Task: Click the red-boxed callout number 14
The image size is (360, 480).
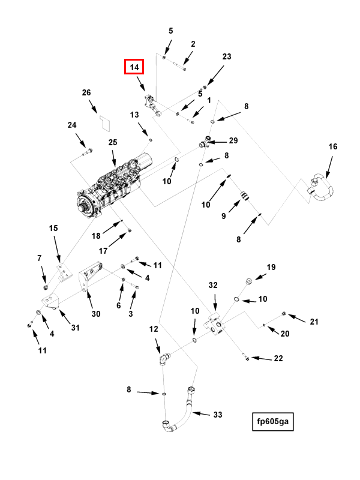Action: (134, 67)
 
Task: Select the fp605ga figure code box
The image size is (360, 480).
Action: (273, 422)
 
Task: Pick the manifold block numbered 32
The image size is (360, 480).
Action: (215, 324)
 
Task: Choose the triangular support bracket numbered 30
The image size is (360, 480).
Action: (91, 277)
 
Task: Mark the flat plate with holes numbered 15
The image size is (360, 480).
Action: (64, 272)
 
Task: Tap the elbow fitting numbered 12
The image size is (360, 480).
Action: (164, 358)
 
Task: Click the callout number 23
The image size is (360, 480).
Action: (227, 56)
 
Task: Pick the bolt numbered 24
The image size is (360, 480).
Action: (87, 152)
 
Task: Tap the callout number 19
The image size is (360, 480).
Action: (271, 267)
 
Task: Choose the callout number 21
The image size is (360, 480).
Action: (314, 322)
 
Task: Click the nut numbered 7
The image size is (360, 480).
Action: (46, 287)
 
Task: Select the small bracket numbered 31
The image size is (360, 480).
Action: (50, 301)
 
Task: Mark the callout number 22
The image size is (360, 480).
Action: (278, 358)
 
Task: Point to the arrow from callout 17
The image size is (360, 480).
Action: (117, 241)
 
